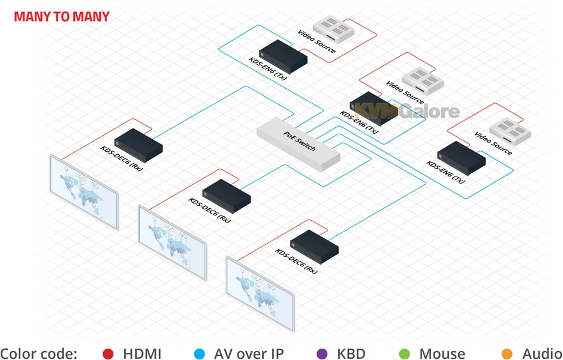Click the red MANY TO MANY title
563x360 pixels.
click(62, 16)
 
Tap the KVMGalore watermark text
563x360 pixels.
click(407, 111)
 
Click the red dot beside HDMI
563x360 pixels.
click(108, 354)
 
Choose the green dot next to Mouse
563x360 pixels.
click(405, 354)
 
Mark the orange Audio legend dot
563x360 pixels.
click(507, 354)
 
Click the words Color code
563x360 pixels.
click(39, 354)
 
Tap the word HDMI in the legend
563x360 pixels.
click(142, 354)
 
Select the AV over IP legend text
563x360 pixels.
click(248, 354)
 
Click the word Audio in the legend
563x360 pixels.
click(541, 354)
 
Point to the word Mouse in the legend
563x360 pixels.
click(442, 354)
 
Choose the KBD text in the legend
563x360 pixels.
click(351, 354)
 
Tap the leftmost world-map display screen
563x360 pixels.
click(84, 192)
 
